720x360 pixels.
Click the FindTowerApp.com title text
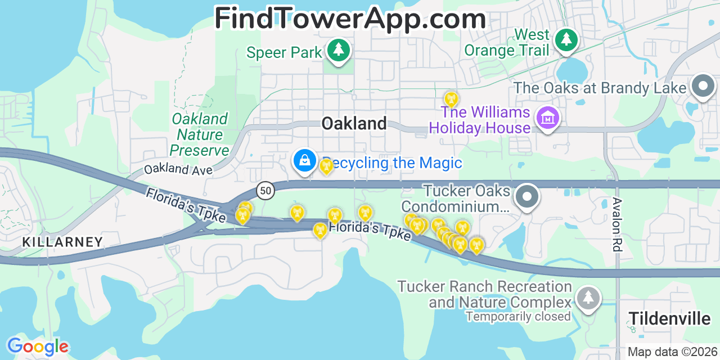point(350,19)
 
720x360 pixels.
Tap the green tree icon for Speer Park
point(338,51)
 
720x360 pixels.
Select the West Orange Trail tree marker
point(566,40)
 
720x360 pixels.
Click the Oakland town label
point(354,124)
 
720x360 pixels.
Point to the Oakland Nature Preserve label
point(200,135)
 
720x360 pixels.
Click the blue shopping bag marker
point(304,161)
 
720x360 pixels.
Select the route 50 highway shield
point(265,191)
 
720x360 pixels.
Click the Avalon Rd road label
point(617,224)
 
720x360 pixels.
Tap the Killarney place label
point(62,242)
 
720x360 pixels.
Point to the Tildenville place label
point(669,319)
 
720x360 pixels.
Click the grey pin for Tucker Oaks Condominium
point(527,197)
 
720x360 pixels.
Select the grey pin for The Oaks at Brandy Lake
point(703,87)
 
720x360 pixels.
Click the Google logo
point(37,346)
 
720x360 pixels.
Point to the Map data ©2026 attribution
point(672,352)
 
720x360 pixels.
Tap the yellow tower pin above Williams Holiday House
point(451,100)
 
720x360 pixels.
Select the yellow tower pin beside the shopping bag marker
point(326,165)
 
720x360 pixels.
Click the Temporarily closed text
point(518,317)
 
